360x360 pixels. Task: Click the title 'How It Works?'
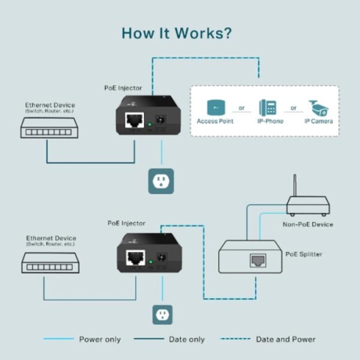178,34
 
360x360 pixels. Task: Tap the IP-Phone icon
267,106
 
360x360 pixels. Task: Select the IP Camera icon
317,106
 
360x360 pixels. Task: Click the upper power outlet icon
161,181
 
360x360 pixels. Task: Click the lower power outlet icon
161,314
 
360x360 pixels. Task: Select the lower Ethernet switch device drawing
48,263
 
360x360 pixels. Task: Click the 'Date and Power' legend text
285,339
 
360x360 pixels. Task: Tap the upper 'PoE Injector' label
123,88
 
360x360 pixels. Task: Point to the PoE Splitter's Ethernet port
254,260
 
